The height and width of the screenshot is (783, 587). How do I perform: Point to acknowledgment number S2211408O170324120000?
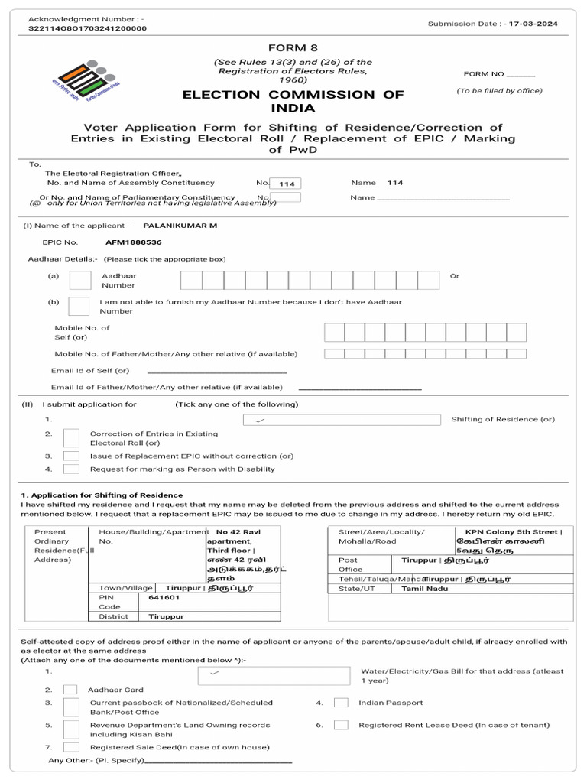87,28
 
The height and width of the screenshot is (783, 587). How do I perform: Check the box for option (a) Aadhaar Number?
80,280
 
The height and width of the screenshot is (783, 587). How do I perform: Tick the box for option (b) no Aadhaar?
78,306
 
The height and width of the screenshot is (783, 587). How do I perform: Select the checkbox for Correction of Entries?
71,438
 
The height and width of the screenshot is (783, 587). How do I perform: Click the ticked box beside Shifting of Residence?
341,420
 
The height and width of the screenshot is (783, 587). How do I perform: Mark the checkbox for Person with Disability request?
71,469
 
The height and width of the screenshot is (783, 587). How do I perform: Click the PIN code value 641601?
164,598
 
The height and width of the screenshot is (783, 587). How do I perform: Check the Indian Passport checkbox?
342,703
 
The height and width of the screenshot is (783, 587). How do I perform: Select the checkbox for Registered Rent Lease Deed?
342,725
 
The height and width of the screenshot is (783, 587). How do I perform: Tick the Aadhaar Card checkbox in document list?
70,690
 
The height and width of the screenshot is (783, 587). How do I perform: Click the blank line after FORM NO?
521,74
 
